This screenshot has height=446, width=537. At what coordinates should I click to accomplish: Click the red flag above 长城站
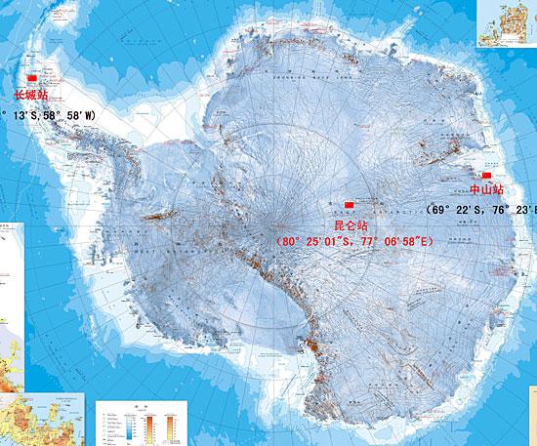(29, 77)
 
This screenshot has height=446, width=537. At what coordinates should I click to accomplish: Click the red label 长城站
(29, 96)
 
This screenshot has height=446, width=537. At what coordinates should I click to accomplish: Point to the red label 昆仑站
(350, 224)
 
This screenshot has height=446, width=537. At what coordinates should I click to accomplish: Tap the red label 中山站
(486, 189)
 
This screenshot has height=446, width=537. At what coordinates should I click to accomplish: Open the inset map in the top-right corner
(505, 23)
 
